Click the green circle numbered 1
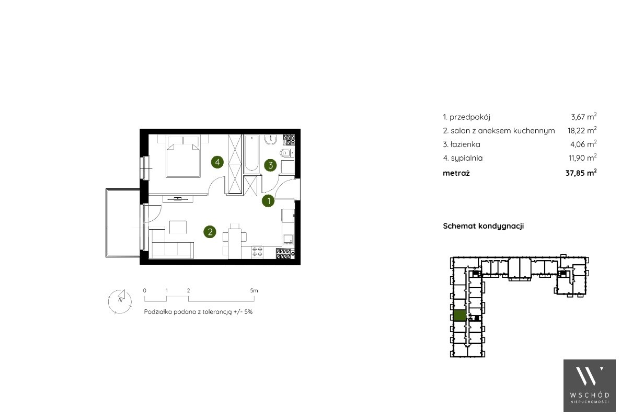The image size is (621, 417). (269, 201)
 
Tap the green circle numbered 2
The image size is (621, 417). (210, 232)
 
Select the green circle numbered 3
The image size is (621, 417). (270, 165)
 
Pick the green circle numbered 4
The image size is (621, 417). (217, 162)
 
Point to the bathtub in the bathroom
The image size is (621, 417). (251, 153)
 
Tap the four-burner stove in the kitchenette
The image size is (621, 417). (257, 252)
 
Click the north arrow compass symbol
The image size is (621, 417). (120, 301)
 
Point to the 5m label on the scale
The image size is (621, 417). (254, 290)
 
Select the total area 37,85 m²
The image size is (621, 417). (581, 173)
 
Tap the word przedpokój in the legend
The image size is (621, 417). (470, 117)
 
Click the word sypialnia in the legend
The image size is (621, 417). (467, 158)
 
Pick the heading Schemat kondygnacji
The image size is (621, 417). (483, 226)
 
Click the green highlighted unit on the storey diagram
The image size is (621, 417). (459, 315)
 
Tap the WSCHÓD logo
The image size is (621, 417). (589, 385)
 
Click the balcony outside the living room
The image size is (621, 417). (123, 223)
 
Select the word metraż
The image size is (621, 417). (456, 173)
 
